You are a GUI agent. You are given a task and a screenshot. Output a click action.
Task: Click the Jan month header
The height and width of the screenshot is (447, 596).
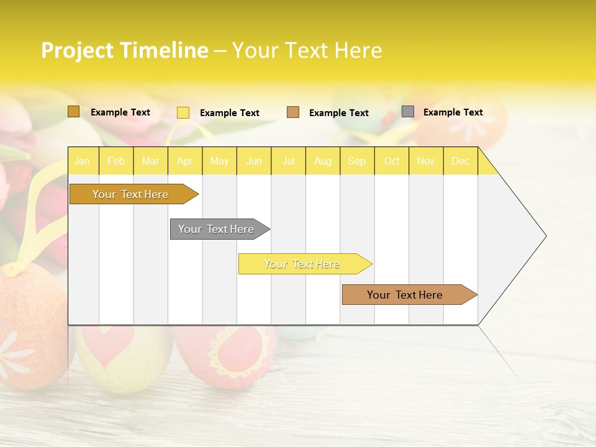82,161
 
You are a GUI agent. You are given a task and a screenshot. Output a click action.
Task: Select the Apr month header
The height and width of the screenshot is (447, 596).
184,161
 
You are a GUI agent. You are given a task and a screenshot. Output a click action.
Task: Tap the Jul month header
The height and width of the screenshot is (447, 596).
288,161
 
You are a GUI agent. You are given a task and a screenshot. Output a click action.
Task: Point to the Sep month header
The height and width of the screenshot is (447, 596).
356,161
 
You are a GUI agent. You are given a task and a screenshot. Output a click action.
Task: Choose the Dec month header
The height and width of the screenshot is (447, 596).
460,161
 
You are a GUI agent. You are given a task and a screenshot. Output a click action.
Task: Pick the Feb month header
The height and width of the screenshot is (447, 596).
116,161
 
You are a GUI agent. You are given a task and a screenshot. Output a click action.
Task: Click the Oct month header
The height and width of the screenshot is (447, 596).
392,161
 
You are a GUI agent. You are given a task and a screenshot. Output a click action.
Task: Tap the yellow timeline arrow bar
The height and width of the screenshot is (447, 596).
302,264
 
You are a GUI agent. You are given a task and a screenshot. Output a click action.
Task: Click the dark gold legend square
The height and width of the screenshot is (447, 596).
73,112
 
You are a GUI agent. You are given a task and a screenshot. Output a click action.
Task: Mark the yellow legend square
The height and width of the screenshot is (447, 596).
183,112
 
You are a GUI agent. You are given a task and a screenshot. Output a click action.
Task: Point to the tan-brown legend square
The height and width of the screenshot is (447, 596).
293,112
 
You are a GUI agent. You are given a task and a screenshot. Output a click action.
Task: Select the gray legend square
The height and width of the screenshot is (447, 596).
407,112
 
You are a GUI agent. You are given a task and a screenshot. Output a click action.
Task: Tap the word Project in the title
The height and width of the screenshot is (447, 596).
77,50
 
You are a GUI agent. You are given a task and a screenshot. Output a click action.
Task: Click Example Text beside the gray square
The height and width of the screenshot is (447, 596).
453,112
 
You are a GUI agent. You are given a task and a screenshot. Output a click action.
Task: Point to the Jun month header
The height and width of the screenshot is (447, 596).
254,161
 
